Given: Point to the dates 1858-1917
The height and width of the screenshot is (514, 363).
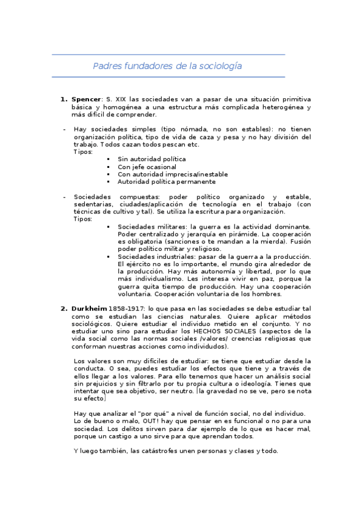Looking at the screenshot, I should [128, 309].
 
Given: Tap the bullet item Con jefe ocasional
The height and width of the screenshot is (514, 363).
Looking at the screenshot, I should [147, 166].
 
